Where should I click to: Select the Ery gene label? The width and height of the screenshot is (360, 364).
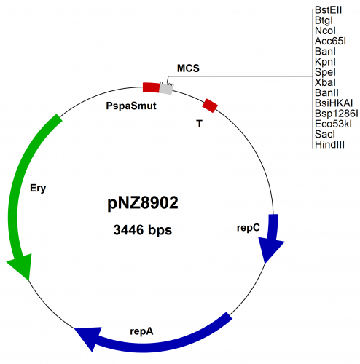(38, 189)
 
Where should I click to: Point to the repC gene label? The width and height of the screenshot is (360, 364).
(248, 227)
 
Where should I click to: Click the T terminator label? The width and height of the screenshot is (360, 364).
(199, 124)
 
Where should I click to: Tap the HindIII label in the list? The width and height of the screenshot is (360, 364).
(329, 146)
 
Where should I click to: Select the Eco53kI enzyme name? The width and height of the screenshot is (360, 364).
(331, 124)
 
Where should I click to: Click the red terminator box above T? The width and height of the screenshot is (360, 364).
(210, 106)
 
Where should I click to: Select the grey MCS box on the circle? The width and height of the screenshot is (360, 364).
(167, 89)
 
